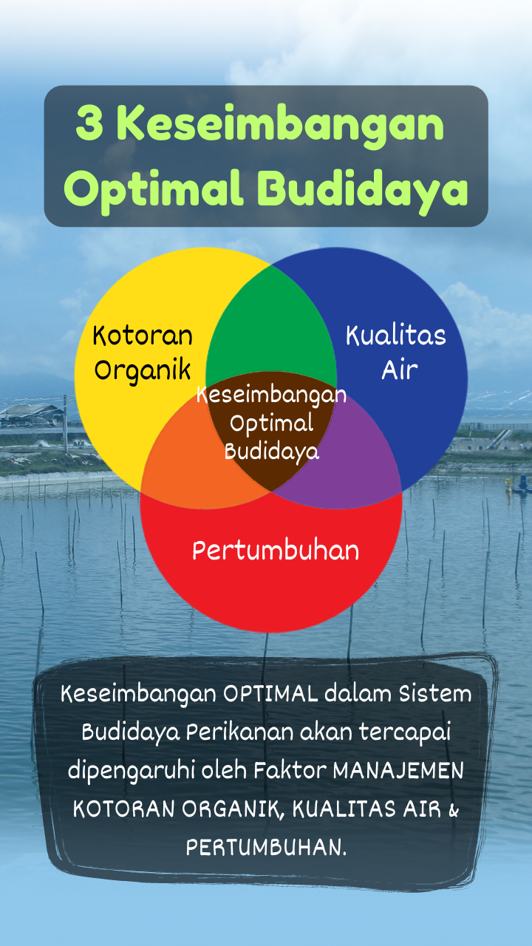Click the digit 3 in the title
(89, 123)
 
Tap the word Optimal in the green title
(153, 190)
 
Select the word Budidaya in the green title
(362, 190)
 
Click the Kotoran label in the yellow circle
(143, 336)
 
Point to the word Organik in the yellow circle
(143, 371)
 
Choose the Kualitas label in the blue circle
(396, 336)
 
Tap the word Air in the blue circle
(400, 370)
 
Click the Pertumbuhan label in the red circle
(276, 551)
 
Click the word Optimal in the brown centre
(271, 424)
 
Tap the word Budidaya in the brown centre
(271, 452)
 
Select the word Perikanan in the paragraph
(241, 732)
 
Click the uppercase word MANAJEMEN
(398, 771)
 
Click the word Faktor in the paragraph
(290, 771)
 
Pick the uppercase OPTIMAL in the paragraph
(270, 694)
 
